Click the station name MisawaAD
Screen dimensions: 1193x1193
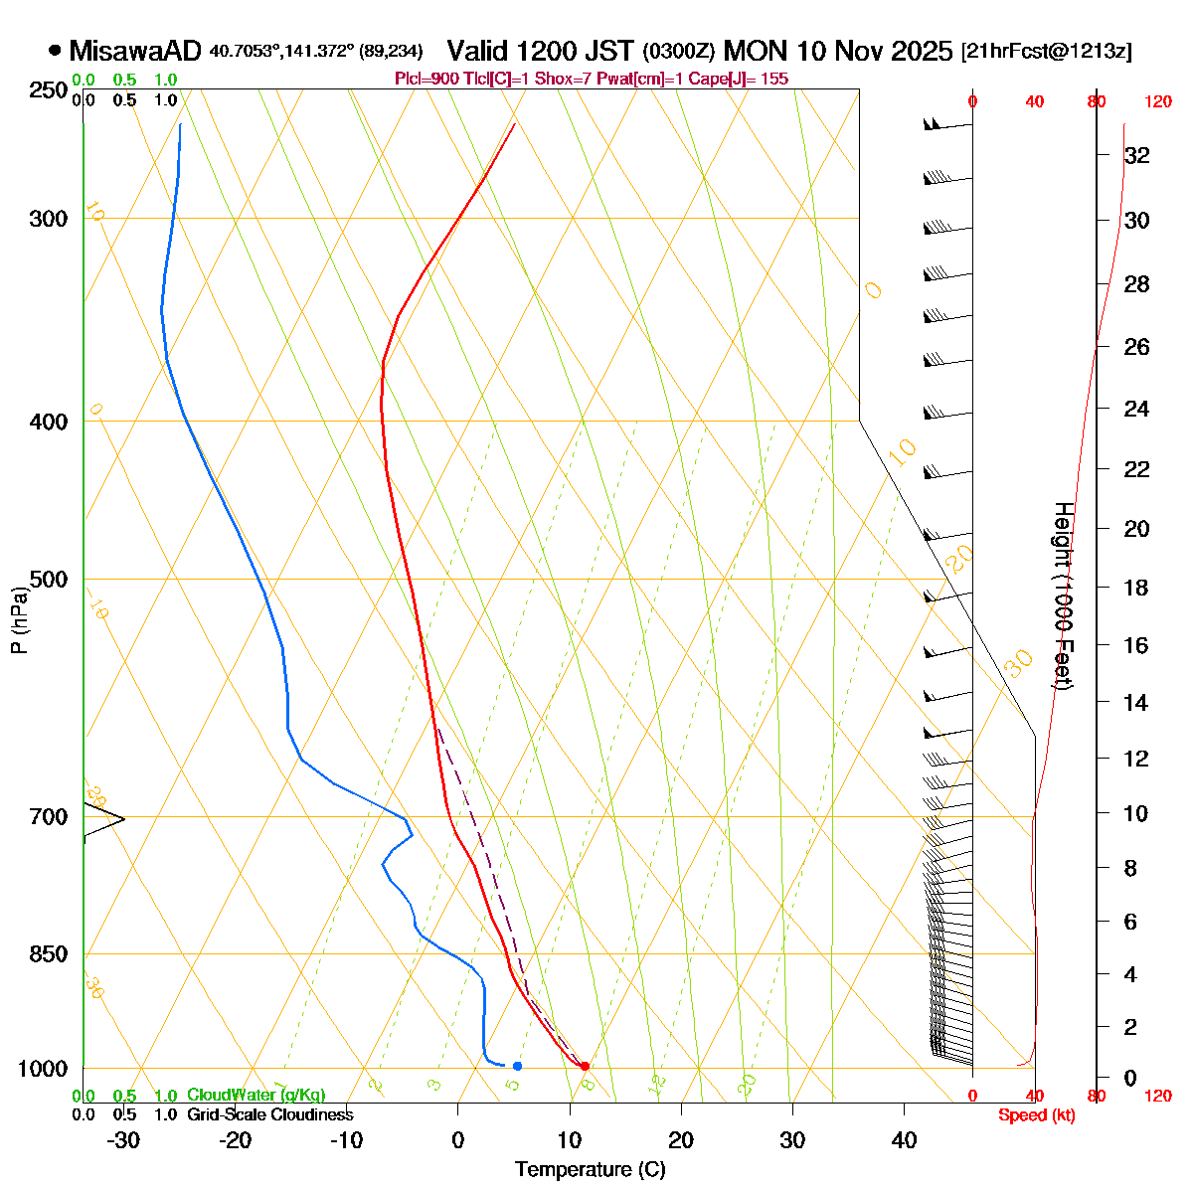(135, 51)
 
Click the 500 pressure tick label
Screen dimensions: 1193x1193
(50, 580)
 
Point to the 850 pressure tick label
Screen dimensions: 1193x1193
(50, 954)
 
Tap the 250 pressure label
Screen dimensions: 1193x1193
(50, 90)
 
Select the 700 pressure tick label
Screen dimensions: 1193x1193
(50, 817)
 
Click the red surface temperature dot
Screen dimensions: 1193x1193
(585, 1066)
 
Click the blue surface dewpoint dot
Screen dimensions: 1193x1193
(517, 1066)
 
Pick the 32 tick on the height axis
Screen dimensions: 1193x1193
(1136, 156)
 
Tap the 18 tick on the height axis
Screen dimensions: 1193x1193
(1136, 588)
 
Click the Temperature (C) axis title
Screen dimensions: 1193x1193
(590, 1170)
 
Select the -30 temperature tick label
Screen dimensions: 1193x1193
(122, 1140)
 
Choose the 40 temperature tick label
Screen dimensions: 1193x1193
(904, 1140)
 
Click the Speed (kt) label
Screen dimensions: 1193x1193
(1036, 1115)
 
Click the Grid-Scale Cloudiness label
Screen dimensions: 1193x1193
(269, 1114)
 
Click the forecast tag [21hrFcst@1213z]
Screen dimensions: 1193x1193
(1046, 52)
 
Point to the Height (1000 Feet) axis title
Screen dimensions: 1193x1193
(1062, 596)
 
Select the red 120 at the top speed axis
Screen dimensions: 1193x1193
(1157, 101)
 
